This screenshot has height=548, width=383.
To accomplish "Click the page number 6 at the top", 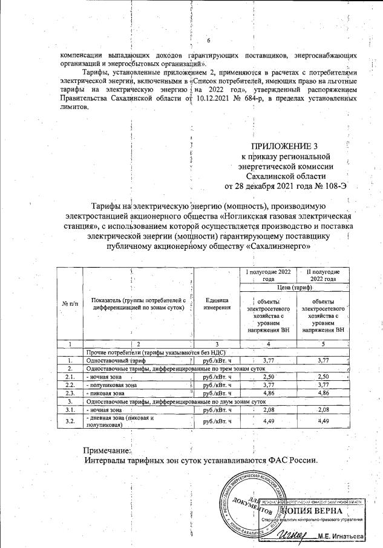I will click(208, 41).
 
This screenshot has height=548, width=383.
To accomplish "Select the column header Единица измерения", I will click(217, 303).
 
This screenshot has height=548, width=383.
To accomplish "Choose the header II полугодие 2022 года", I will click(323, 276).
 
